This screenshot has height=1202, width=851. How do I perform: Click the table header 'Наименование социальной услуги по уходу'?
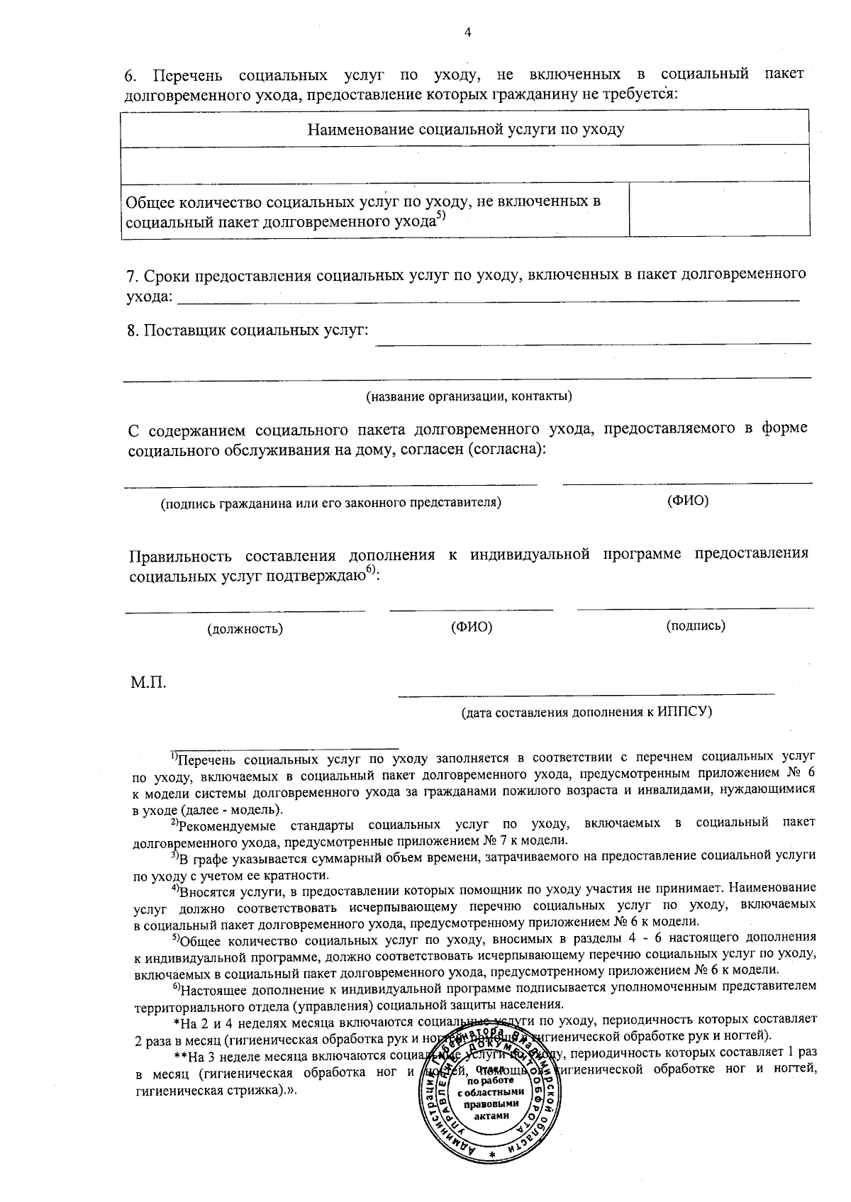(466, 129)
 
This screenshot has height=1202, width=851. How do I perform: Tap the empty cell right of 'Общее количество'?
(719, 209)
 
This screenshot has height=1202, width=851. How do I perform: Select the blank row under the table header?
(466, 164)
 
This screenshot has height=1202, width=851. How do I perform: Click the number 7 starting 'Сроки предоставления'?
(130, 275)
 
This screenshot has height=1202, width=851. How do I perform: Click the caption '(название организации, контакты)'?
(469, 396)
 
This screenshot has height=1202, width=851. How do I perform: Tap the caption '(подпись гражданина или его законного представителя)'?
(331, 503)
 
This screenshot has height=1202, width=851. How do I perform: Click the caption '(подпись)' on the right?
(696, 625)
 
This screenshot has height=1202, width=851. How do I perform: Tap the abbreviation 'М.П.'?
(148, 684)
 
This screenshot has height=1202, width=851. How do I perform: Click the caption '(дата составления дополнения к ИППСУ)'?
(586, 711)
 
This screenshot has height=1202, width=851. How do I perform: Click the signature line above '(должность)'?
(245, 611)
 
